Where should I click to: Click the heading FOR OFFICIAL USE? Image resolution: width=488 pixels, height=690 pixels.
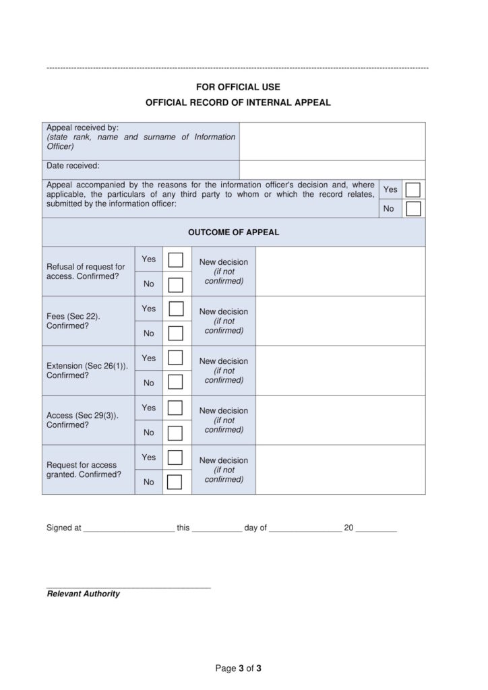(238, 87)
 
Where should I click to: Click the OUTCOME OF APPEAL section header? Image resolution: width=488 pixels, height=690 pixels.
(233, 232)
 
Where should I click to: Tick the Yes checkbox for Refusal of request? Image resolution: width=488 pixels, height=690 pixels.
(175, 260)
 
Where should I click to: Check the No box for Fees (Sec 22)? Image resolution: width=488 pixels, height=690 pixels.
(175, 334)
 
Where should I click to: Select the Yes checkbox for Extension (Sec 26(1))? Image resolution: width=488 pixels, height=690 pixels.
(175, 358)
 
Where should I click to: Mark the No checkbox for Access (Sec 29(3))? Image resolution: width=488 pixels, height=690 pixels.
(175, 433)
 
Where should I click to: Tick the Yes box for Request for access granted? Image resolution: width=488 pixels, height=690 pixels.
(175, 458)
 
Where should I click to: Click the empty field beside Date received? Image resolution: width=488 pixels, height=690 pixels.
(332, 170)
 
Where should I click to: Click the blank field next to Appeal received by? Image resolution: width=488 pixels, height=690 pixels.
(332, 141)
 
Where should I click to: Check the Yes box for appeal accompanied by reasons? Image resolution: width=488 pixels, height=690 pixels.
(413, 189)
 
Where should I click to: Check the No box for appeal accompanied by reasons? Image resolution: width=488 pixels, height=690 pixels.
(413, 209)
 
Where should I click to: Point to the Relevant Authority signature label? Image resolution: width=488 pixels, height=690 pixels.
(83, 594)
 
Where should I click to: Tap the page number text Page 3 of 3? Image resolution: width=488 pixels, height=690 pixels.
(238, 668)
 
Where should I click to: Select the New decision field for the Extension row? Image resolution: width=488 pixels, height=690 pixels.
(340, 371)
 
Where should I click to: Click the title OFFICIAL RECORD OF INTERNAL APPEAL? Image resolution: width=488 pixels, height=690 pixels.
(238, 103)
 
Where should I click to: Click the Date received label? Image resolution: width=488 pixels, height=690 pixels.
(73, 166)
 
